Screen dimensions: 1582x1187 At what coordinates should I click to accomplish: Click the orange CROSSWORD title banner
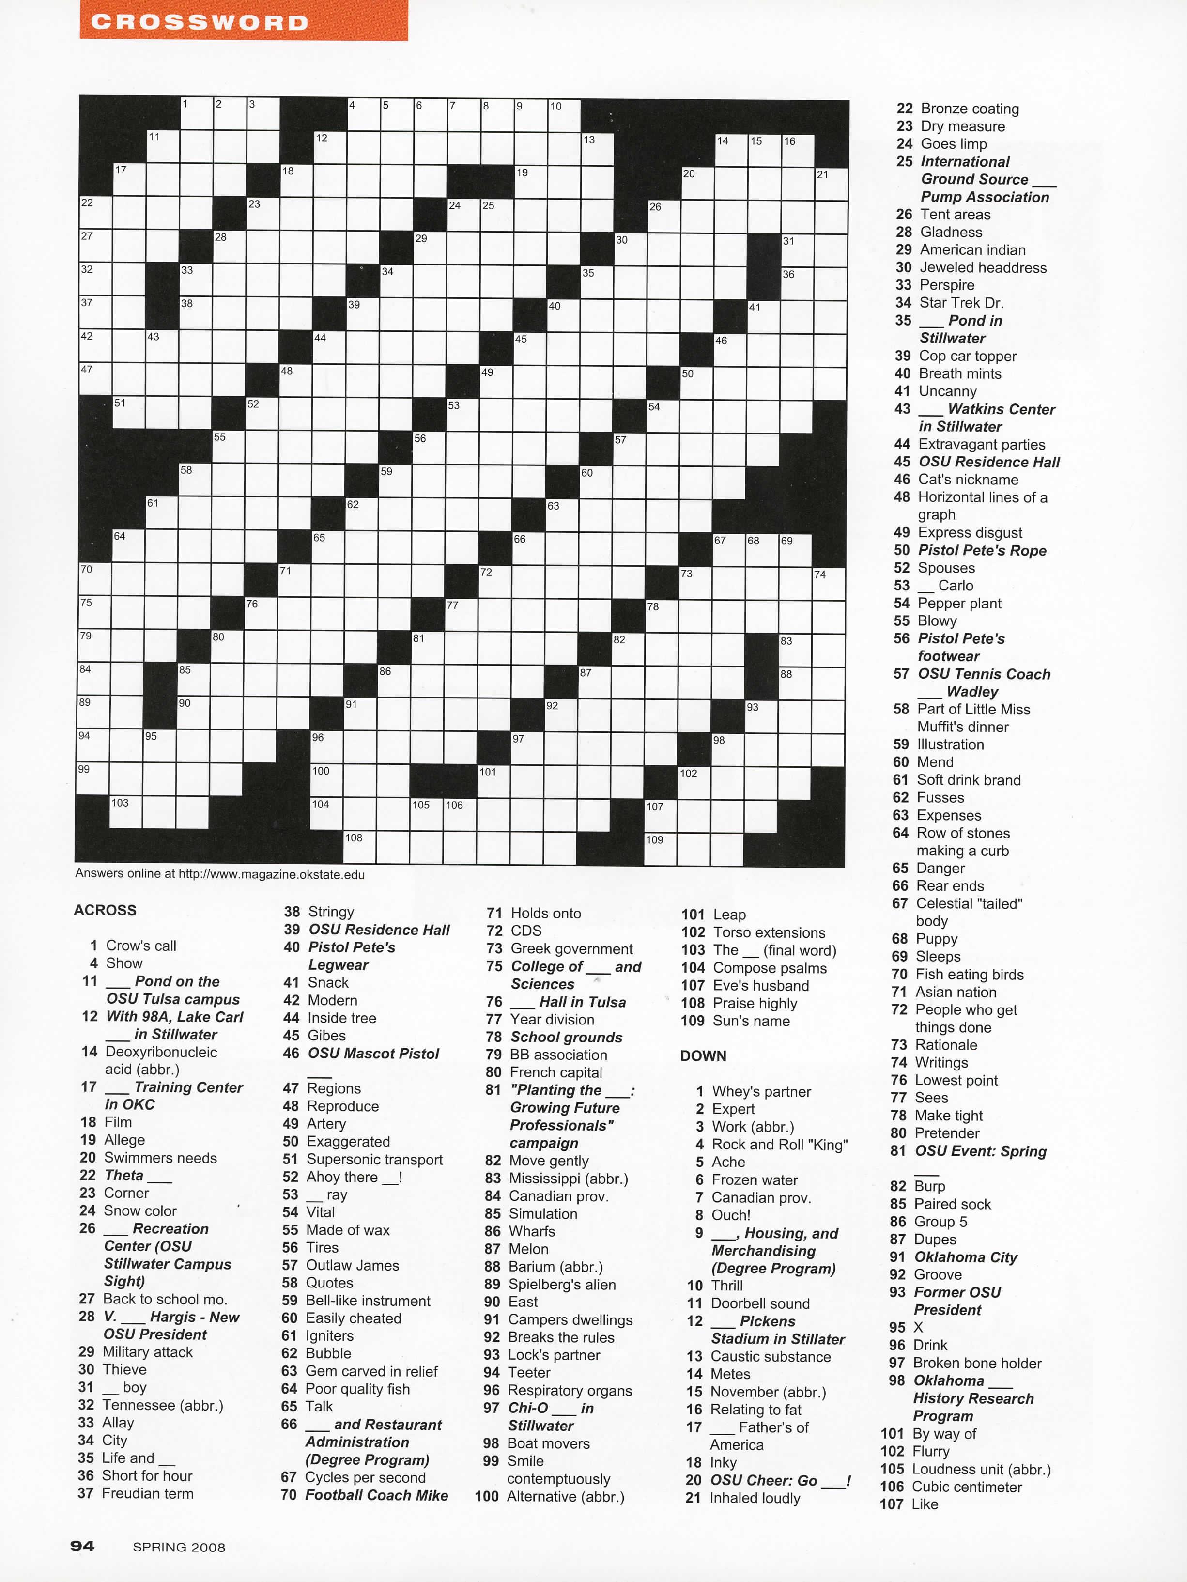pos(243,21)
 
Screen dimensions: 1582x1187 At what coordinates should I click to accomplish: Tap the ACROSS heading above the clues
pos(105,910)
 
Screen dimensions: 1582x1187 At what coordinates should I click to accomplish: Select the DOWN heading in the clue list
pos(703,1055)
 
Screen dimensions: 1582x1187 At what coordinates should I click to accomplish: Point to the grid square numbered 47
pos(95,380)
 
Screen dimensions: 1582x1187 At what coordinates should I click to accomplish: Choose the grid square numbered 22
pos(95,213)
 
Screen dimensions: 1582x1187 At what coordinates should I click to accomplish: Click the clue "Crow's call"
pos(140,946)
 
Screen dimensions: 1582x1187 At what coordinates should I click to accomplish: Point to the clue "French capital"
pos(555,1072)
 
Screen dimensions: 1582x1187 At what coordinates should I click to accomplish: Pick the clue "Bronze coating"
pos(969,109)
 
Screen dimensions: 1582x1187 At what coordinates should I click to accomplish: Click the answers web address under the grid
pos(219,874)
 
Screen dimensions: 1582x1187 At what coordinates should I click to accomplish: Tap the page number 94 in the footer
pos(82,1546)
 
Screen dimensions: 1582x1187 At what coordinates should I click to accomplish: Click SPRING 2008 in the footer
pos(179,1547)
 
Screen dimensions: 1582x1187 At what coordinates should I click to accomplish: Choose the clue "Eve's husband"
pos(760,986)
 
